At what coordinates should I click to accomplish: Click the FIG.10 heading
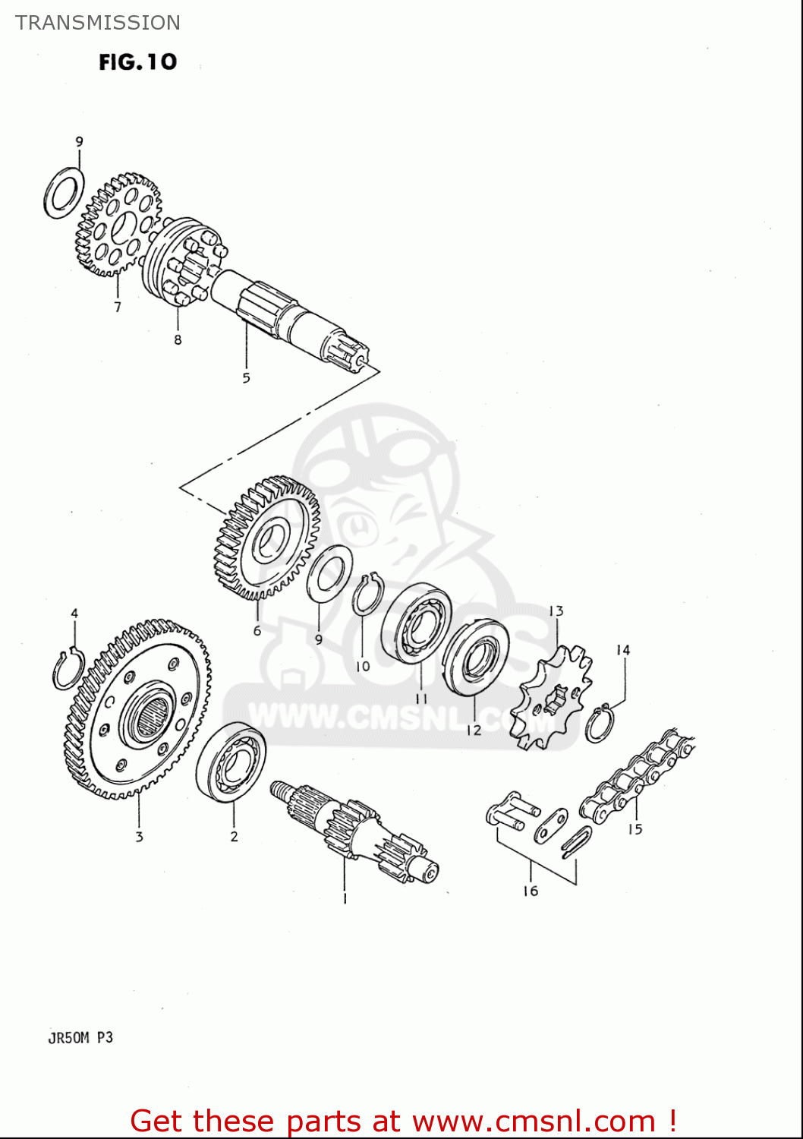(137, 62)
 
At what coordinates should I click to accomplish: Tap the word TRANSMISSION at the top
(98, 23)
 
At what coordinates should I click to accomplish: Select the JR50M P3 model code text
(80, 1037)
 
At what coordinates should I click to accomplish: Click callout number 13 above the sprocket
(556, 611)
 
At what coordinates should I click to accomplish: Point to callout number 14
(623, 650)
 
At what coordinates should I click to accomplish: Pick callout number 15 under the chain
(635, 829)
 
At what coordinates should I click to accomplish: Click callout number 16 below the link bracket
(531, 891)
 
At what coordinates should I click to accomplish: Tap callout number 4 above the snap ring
(74, 614)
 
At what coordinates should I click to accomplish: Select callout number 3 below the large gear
(139, 837)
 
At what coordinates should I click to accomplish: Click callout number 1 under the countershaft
(345, 899)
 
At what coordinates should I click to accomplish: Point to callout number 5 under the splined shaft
(246, 378)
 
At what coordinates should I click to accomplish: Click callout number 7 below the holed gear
(118, 308)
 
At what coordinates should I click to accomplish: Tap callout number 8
(178, 340)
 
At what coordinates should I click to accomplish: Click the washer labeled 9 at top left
(65, 193)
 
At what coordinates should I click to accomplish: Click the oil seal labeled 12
(475, 659)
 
